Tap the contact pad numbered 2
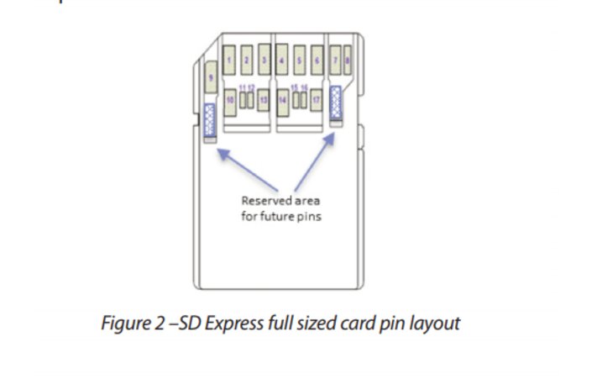(246, 60)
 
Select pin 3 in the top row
(264, 60)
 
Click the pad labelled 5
(300, 60)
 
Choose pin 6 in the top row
(317, 60)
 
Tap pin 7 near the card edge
(335, 60)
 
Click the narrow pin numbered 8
(347, 60)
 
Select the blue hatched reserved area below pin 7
(337, 102)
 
